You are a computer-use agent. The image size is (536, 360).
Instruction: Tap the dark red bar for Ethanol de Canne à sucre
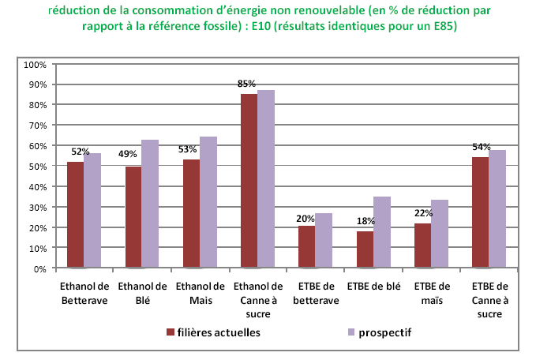pos(249,181)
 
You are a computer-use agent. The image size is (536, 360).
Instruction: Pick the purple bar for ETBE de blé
pos(381,232)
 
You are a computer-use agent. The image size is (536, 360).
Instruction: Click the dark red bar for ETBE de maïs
pos(423,246)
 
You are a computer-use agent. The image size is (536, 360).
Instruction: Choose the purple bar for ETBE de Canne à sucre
pos(497,208)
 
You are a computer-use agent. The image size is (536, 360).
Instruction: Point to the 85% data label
pos(247,84)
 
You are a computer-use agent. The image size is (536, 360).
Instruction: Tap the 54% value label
pos(482,148)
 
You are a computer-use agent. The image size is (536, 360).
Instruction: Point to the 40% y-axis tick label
pos(38,186)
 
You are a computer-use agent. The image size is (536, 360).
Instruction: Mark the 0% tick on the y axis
pos(40,268)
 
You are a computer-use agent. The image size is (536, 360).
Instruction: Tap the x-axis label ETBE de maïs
pos(431,293)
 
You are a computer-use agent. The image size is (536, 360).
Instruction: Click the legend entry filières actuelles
pos(220,332)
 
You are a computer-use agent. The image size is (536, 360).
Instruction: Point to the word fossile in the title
pos(215,26)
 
